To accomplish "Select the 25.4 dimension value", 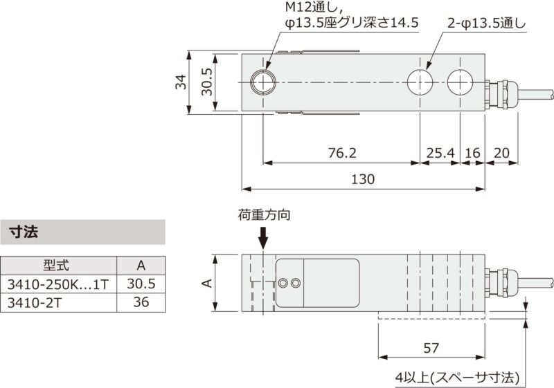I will click(440, 151).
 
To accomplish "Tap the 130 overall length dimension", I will click(361, 178).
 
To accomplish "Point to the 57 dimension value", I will click(431, 349).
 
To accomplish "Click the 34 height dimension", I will click(179, 83).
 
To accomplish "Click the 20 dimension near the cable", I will click(502, 151).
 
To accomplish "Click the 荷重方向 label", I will click(264, 215).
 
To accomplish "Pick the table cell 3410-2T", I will click(30, 302).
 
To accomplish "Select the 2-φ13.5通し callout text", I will click(486, 23).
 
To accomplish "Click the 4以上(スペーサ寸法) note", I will click(457, 378).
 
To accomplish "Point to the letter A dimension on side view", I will click(206, 284).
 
